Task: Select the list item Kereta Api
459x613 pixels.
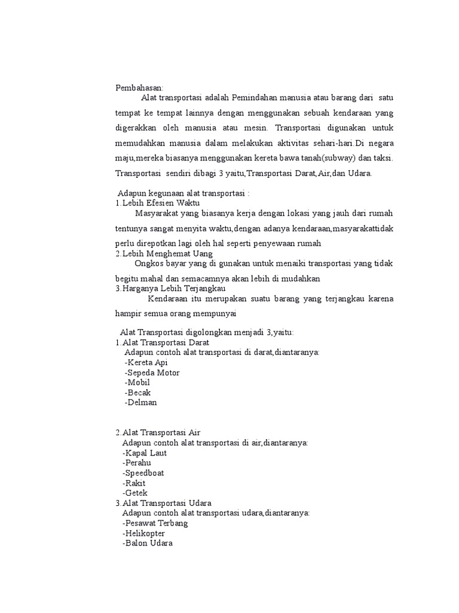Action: coord(146,363)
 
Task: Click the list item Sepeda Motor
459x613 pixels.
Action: coord(152,373)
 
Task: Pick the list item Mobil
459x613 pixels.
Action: coord(137,383)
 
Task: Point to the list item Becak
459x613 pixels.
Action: coord(138,393)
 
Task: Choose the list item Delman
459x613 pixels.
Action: coord(141,403)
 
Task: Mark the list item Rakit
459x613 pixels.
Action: coord(134,483)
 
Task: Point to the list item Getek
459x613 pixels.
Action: coord(134,493)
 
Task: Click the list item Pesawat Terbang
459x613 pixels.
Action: coord(155,523)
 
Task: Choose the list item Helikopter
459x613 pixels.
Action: coord(143,533)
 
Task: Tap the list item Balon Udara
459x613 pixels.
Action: coord(147,544)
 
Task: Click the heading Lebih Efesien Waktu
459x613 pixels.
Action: coord(161,203)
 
